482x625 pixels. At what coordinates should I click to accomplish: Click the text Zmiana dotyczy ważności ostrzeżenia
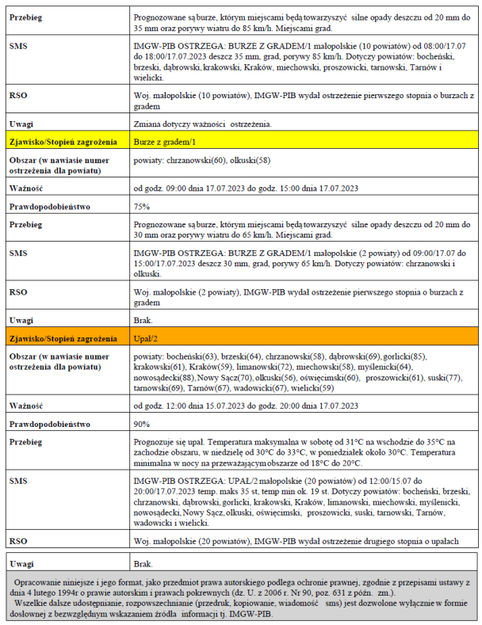(205, 124)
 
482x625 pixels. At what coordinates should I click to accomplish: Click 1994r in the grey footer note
(73, 591)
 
